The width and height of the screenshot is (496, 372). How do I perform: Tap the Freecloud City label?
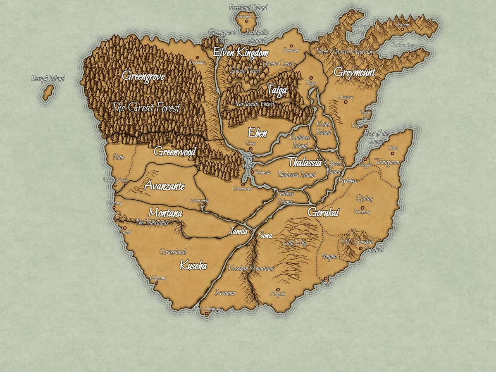[248, 17]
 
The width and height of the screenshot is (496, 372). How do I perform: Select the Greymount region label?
[354, 73]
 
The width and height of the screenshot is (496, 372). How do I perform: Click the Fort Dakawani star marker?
[206, 315]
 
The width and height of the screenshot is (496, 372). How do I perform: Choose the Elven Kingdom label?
[241, 52]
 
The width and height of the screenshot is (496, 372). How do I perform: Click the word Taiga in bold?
[277, 90]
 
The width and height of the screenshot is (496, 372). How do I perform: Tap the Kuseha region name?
[193, 265]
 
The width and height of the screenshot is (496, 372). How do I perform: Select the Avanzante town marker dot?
[200, 205]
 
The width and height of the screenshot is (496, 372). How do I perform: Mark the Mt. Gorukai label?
[358, 241]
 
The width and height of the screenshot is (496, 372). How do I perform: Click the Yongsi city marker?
[326, 279]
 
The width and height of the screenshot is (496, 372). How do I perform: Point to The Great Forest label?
[146, 108]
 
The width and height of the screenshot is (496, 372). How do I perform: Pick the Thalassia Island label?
[296, 174]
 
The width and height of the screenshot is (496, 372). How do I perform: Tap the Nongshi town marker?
[278, 289]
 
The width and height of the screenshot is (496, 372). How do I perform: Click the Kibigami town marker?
[156, 283]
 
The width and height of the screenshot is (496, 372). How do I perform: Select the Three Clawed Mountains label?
[345, 52]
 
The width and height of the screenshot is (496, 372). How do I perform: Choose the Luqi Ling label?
[294, 243]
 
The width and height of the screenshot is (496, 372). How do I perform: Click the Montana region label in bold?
[165, 213]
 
